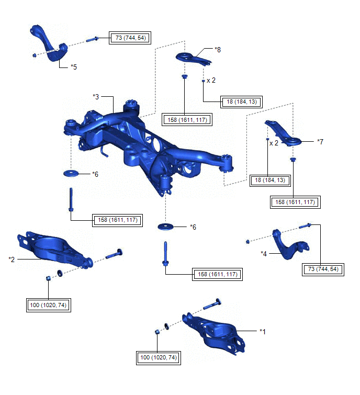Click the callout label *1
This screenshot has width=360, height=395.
[x=263, y=331]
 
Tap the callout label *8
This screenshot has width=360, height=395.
[x=218, y=50]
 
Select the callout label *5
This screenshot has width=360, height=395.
[x=74, y=67]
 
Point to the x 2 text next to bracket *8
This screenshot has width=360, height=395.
[x=211, y=81]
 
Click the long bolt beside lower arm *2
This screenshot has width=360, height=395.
[x=114, y=255]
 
